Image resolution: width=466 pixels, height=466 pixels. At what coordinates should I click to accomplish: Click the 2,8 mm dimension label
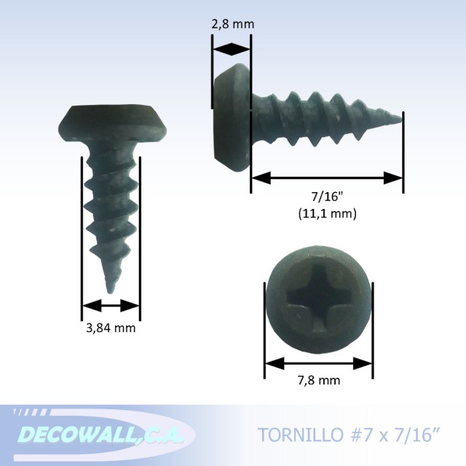point(232,24)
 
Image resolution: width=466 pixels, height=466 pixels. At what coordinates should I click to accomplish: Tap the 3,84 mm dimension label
point(111,328)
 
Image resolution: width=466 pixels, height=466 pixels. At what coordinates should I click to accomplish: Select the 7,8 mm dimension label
point(318,380)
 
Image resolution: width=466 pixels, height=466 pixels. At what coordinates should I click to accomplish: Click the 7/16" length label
point(327,198)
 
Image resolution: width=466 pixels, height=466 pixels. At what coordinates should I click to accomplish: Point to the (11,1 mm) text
point(327,214)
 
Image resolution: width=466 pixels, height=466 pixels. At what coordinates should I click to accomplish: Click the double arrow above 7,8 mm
point(318,362)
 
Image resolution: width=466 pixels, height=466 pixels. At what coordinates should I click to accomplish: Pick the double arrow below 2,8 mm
point(232,49)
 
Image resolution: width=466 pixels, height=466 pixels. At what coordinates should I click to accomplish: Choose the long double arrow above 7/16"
point(327,178)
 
